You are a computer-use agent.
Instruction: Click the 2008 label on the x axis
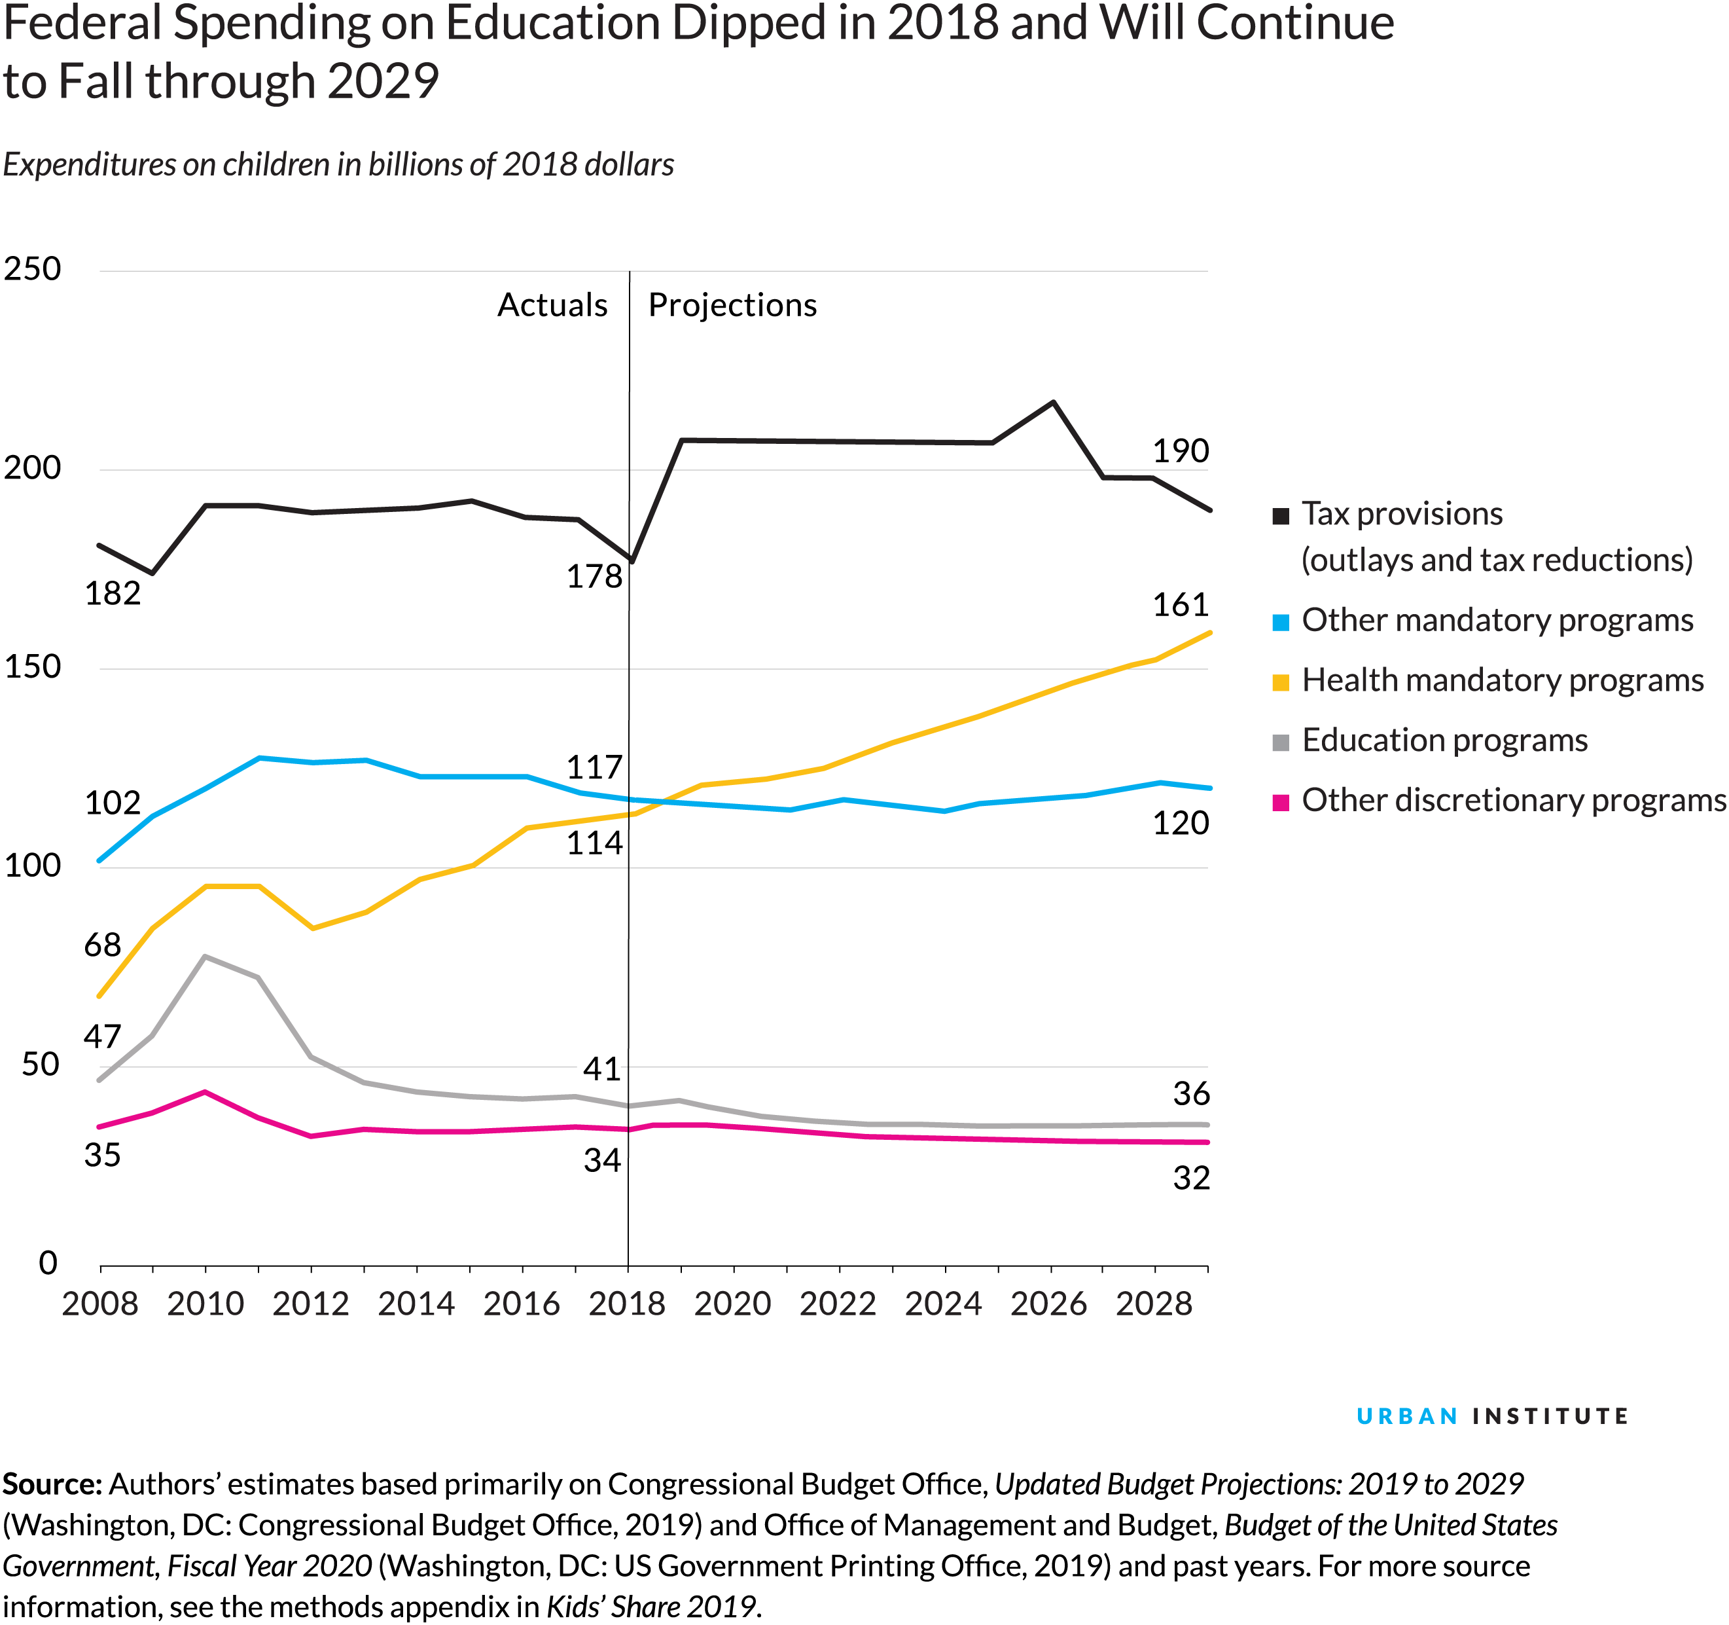100,1303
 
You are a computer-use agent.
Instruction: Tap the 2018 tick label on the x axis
626,1303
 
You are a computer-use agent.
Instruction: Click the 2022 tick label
838,1303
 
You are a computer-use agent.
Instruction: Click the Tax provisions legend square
1280,517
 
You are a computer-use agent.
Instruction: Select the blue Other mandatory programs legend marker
1280,622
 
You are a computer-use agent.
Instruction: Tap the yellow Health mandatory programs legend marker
1280,682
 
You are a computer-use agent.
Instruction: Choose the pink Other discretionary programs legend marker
1280,802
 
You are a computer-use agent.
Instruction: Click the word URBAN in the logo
1406,1417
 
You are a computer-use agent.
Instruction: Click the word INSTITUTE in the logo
1549,1417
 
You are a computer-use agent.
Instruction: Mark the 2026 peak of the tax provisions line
1053,402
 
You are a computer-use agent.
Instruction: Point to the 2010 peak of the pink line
205,1091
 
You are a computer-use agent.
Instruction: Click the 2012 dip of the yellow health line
312,929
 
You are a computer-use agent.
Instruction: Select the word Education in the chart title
552,24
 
